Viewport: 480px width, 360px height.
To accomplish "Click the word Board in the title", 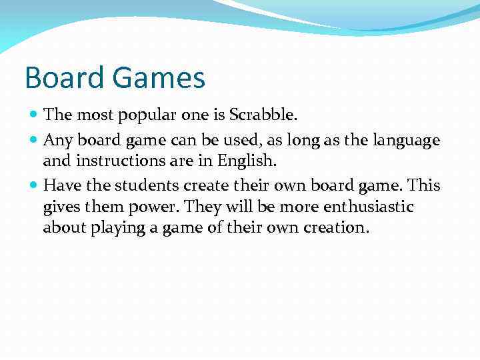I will click(65, 78).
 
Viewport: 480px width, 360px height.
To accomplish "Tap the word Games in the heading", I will click(159, 78).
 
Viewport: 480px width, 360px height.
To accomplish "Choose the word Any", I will click(56, 141).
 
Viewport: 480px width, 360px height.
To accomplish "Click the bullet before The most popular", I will click(35, 115).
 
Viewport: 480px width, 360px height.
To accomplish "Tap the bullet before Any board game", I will click(35, 141).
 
